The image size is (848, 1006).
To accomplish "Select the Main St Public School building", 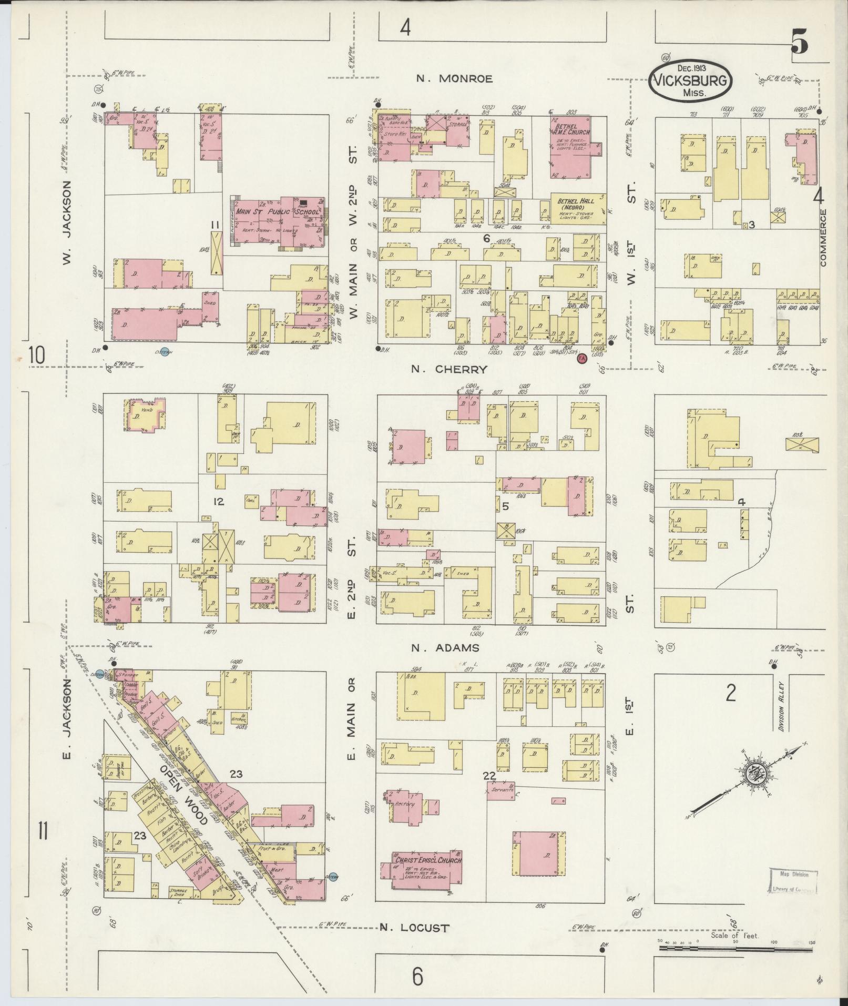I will [278, 221].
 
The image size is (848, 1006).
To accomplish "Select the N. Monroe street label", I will [454, 79].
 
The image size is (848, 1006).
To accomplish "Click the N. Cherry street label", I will [449, 369].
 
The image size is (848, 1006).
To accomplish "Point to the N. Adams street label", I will [445, 648].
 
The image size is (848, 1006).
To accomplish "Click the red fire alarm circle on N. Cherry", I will [581, 359].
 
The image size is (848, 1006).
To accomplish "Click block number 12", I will [218, 502].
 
